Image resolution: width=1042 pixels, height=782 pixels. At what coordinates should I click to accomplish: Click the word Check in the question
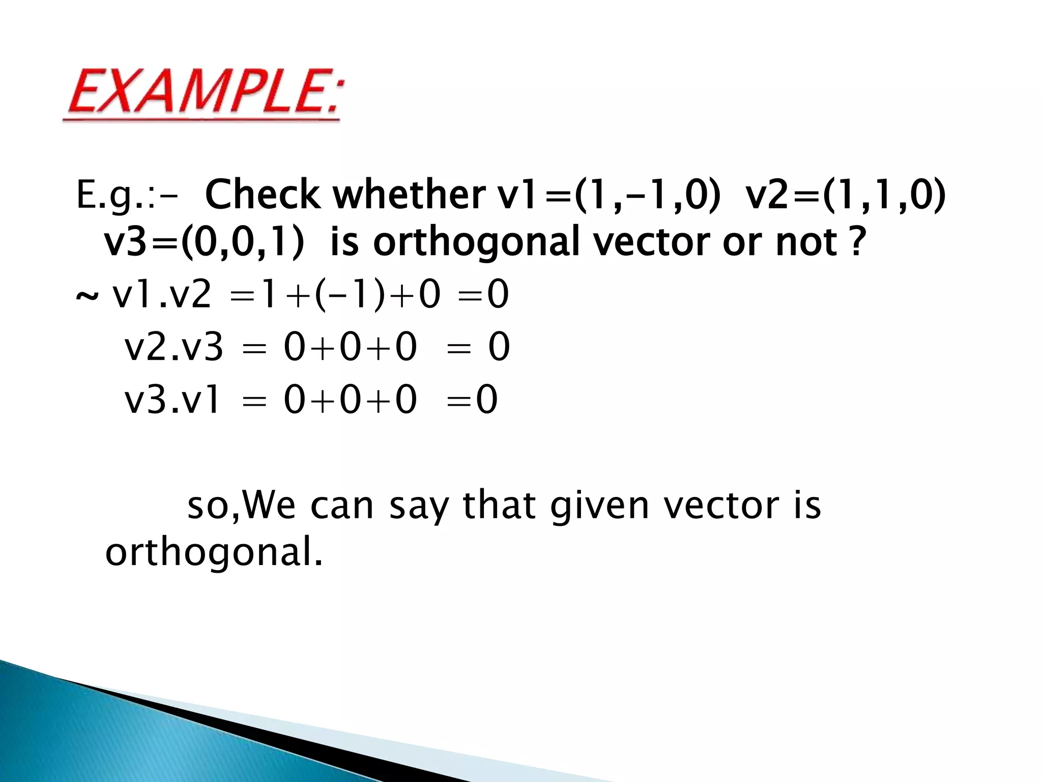(262, 195)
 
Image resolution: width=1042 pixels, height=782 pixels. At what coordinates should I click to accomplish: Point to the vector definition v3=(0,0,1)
(204, 243)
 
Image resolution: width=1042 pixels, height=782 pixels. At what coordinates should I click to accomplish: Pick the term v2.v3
(173, 348)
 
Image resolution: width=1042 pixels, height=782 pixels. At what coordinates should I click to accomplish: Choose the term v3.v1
(172, 400)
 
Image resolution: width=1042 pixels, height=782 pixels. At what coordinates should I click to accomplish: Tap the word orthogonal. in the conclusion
(214, 553)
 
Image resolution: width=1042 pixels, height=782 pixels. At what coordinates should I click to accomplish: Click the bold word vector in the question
(652, 243)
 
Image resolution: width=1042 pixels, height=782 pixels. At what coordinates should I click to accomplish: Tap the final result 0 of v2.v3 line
(499, 348)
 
